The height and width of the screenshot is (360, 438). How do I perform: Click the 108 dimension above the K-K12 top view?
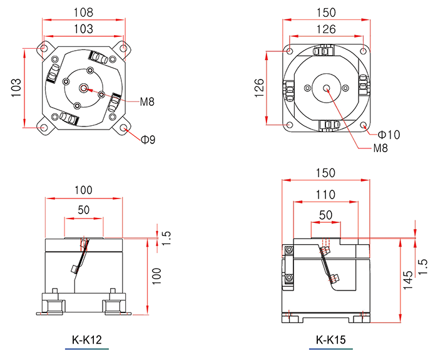click(x=83, y=13)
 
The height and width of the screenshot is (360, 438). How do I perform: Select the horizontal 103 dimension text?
click(x=83, y=29)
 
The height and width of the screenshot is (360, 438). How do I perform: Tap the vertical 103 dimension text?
click(x=16, y=88)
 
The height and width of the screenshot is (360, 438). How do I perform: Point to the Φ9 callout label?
click(x=148, y=139)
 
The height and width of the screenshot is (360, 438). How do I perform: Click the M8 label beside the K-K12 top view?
click(x=147, y=101)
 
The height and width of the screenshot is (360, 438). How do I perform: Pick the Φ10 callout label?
click(x=389, y=135)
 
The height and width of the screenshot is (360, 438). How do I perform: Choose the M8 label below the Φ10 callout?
click(x=380, y=148)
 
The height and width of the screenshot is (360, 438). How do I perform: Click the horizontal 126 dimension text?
click(x=326, y=29)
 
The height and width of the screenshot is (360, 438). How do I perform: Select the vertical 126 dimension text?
click(x=260, y=88)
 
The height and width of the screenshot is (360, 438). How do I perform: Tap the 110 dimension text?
click(x=325, y=195)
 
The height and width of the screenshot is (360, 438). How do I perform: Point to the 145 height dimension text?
click(x=408, y=280)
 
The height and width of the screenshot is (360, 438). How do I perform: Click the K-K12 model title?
click(x=87, y=340)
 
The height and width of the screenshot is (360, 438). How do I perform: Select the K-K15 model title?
click(x=331, y=340)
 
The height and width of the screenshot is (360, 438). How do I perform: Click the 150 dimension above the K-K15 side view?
click(x=325, y=173)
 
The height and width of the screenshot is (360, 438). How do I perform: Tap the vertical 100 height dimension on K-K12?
click(x=156, y=276)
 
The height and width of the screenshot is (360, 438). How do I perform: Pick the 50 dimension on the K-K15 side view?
click(x=326, y=215)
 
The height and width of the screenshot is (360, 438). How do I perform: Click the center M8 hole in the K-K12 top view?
click(x=83, y=89)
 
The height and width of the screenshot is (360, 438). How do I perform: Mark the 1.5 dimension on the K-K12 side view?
click(x=166, y=238)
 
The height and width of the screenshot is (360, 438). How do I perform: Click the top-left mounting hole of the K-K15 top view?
click(x=290, y=51)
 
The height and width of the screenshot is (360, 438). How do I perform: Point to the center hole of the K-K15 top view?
click(x=326, y=89)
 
